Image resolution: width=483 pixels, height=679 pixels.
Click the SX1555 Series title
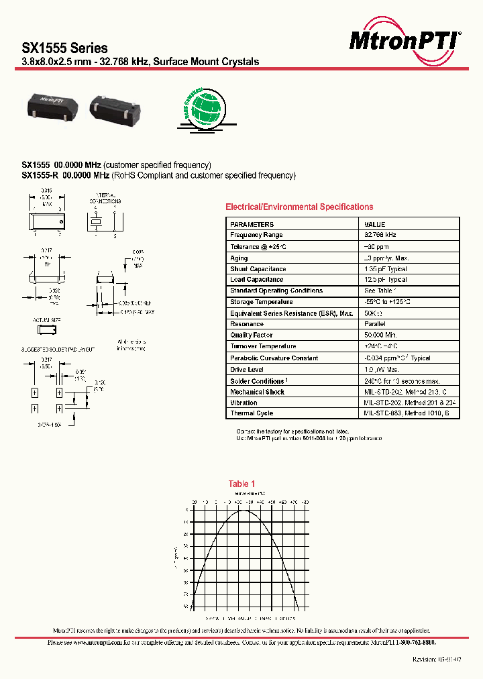65,48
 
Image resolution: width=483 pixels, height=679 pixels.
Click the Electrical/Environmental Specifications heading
299,207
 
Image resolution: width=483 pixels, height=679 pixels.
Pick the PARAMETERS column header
252,224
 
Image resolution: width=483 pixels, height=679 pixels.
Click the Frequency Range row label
256,235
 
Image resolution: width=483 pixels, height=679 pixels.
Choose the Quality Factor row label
251,335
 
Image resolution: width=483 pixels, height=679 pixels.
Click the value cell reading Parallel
376,324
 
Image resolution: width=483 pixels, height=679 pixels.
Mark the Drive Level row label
247,369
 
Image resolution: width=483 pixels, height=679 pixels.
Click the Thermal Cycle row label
252,413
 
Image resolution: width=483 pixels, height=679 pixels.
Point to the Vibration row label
244,403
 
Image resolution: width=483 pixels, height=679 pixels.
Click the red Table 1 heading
241,484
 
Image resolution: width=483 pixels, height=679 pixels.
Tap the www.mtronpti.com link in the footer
95,642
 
